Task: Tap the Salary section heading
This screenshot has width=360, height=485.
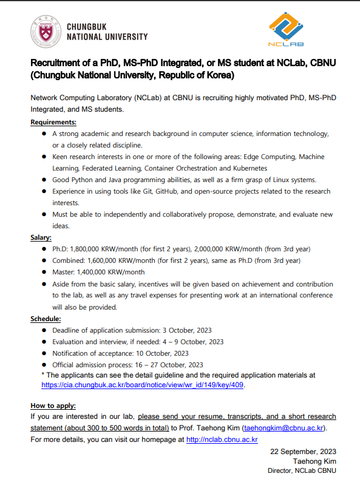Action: click(x=41, y=237)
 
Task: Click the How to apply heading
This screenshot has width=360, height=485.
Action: click(x=53, y=405)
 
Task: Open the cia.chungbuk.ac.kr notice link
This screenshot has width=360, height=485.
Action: click(x=143, y=385)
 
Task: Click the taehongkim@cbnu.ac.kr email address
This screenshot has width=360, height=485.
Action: click(x=284, y=428)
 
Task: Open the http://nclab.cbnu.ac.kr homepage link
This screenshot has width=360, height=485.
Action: click(x=222, y=439)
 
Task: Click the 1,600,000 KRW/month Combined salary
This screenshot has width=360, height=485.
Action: click(x=118, y=260)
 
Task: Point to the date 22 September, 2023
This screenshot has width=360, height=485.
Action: click(x=303, y=451)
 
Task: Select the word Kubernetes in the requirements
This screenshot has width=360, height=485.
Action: click(x=245, y=168)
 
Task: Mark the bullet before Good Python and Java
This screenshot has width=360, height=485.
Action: click(x=44, y=180)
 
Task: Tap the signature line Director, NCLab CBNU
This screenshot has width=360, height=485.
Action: click(x=302, y=471)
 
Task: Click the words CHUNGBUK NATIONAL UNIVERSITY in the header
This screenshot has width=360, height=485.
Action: click(x=106, y=32)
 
